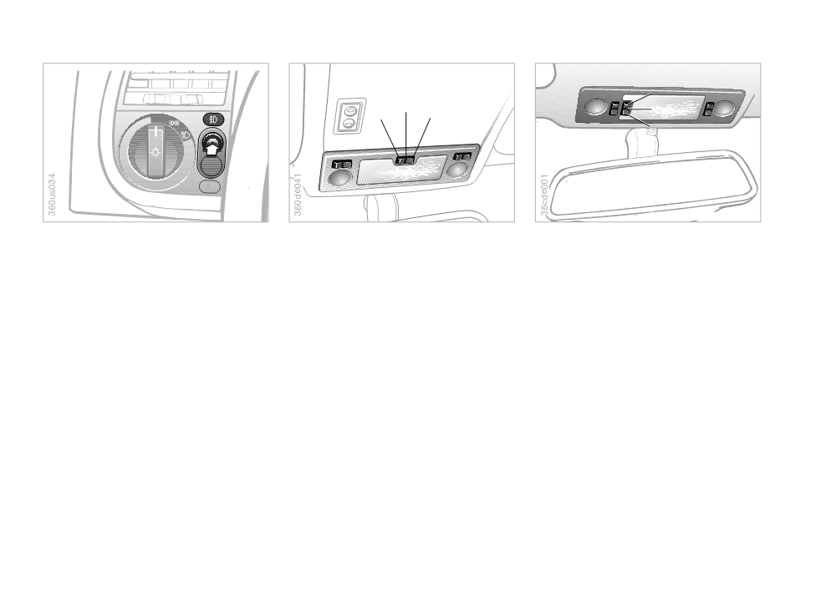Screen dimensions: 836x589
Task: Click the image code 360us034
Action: pyautogui.click(x=52, y=195)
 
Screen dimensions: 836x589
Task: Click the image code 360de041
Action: pyautogui.click(x=298, y=195)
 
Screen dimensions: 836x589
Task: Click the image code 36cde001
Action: pyautogui.click(x=544, y=195)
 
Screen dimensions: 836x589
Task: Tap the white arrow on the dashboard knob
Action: pyautogui.click(x=212, y=150)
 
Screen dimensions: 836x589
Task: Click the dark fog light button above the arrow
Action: pyautogui.click(x=213, y=119)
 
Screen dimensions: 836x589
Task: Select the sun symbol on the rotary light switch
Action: pyautogui.click(x=155, y=152)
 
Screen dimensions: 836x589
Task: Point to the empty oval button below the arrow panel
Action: pyautogui.click(x=210, y=186)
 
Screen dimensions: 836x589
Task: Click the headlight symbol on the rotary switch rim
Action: pyautogui.click(x=186, y=135)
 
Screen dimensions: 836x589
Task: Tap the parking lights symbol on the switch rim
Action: pyautogui.click(x=175, y=123)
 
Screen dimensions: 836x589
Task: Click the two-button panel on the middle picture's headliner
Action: pyautogui.click(x=349, y=115)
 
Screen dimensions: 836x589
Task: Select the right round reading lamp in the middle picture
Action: pyautogui.click(x=457, y=170)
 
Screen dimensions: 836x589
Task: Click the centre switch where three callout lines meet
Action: pyautogui.click(x=405, y=160)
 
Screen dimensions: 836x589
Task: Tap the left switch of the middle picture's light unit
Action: pyautogui.click(x=342, y=165)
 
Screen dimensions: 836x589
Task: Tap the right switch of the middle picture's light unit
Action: pyautogui.click(x=462, y=157)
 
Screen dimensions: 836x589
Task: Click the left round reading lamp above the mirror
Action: pyautogui.click(x=595, y=105)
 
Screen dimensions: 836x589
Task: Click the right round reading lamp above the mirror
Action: pyautogui.click(x=724, y=109)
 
